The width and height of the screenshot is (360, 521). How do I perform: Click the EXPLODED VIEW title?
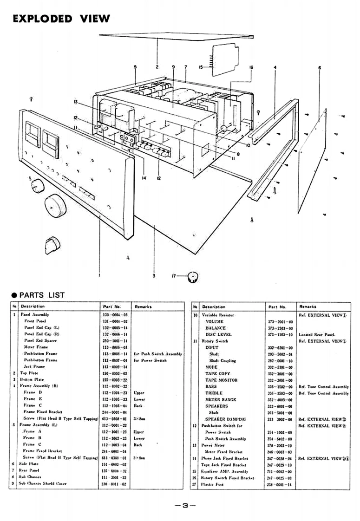61,19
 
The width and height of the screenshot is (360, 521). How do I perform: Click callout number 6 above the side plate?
319,68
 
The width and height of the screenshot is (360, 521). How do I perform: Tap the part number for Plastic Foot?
279,484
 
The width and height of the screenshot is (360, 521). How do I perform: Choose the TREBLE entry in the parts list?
214,393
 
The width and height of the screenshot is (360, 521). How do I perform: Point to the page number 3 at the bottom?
184,505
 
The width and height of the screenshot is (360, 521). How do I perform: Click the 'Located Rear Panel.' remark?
317,334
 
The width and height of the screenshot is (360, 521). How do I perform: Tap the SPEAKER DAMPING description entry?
225,419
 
